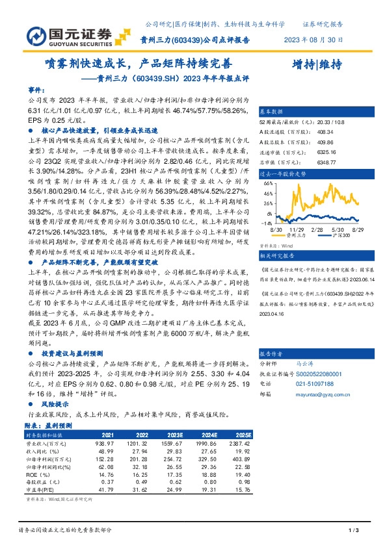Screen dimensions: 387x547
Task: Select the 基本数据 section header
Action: pos(273,111)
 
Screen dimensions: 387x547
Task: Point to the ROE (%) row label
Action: pos(37,473)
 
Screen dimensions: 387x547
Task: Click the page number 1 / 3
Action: pos(354,532)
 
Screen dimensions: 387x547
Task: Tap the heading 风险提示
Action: pos(55,403)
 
